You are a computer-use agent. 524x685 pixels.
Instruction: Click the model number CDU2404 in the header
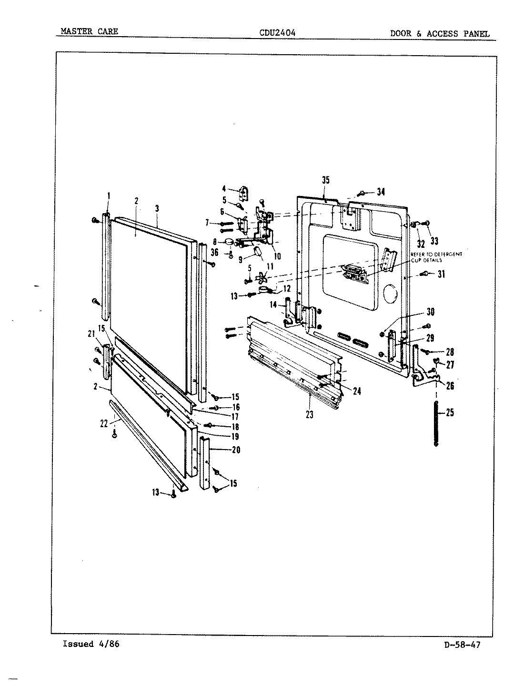[277, 33]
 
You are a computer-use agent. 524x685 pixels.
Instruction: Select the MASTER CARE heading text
[89, 32]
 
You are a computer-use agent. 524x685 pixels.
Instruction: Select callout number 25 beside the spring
[449, 412]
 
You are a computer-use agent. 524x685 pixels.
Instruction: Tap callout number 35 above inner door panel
[326, 180]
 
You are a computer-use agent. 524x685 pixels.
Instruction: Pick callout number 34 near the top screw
[381, 192]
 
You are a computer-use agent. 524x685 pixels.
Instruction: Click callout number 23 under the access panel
[310, 414]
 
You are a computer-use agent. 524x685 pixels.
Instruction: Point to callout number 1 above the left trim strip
[109, 195]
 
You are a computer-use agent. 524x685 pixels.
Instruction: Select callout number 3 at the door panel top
[157, 208]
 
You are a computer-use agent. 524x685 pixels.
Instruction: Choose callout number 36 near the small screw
[214, 253]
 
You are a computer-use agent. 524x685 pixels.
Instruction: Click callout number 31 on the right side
[441, 274]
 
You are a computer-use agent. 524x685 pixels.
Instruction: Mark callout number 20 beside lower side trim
[236, 450]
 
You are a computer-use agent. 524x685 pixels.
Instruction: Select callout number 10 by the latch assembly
[277, 256]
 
